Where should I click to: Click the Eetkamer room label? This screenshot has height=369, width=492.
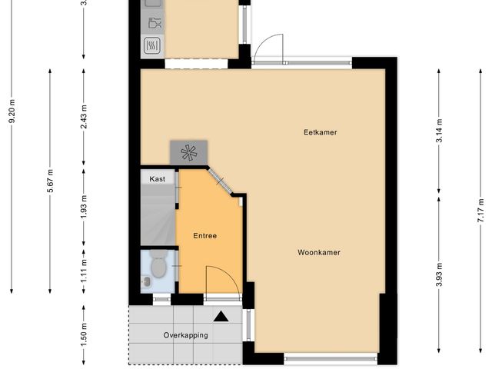pyautogui.click(x=321, y=132)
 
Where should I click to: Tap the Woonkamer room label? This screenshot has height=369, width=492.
pyautogui.click(x=319, y=253)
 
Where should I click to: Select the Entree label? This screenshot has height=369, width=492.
pyautogui.click(x=205, y=236)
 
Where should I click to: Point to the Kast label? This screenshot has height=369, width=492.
pyautogui.click(x=157, y=179)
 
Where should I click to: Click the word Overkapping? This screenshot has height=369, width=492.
pyautogui.click(x=186, y=335)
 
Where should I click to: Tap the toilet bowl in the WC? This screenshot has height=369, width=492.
pyautogui.click(x=158, y=265)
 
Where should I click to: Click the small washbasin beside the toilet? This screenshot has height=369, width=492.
pyautogui.click(x=146, y=282)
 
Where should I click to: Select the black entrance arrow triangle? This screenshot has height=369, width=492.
pyautogui.click(x=221, y=317)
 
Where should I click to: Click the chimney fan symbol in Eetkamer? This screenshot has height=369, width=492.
pyautogui.click(x=188, y=153)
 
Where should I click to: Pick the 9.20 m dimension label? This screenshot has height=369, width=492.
pyautogui.click(x=12, y=111)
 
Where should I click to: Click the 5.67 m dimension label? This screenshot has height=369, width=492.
pyautogui.click(x=50, y=181)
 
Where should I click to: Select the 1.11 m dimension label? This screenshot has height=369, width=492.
pyautogui.click(x=84, y=271)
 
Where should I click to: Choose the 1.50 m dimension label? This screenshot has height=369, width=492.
pyautogui.click(x=84, y=335)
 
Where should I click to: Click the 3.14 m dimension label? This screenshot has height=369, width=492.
pyautogui.click(x=439, y=131)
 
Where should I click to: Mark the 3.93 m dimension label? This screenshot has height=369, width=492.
pyautogui.click(x=439, y=274)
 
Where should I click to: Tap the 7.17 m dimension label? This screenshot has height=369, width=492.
pyautogui.click(x=480, y=211)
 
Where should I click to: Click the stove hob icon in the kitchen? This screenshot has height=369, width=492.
pyautogui.click(x=152, y=45)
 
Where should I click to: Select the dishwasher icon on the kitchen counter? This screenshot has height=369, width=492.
pyautogui.click(x=155, y=23)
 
